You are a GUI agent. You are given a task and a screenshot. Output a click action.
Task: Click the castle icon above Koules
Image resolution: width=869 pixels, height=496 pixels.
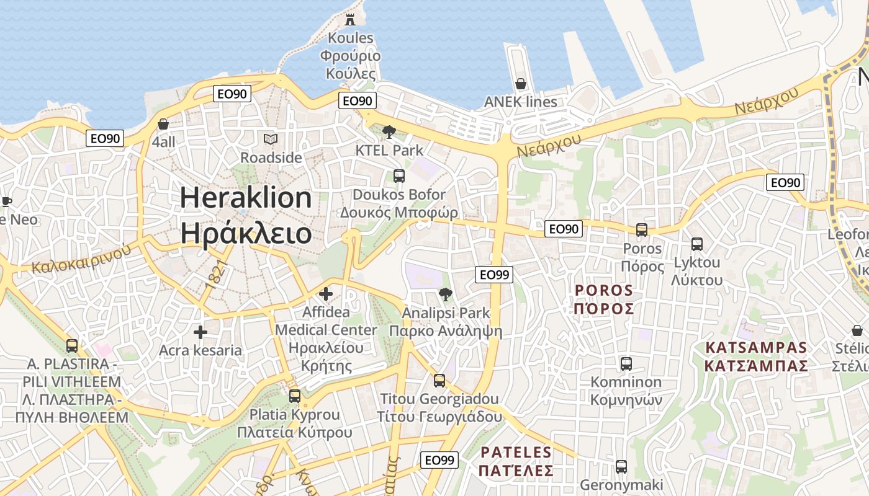(350, 19)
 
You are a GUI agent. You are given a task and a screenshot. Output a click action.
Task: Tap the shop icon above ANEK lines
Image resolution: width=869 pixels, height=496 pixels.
(521, 84)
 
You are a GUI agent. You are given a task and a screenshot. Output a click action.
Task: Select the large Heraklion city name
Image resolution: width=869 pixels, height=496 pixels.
(246, 215)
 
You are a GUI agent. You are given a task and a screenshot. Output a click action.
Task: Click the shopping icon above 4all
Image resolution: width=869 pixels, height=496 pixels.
(163, 124)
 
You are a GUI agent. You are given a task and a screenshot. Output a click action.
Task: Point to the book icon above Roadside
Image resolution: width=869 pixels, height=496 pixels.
(271, 139)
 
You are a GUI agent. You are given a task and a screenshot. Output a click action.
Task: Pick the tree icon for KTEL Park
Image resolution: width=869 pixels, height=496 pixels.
(389, 131)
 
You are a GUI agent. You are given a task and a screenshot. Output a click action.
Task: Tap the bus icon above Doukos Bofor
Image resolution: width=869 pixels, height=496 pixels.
(399, 176)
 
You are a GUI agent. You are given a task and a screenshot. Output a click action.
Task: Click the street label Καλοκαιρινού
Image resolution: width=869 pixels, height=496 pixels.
(81, 259)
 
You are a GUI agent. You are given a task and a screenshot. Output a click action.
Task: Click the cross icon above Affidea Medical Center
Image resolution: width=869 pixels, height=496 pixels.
(326, 294)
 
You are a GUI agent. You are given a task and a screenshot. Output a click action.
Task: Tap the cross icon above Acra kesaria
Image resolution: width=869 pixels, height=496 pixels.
(200, 332)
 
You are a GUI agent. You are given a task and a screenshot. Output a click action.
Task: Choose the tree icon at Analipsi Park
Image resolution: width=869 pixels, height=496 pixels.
(445, 294)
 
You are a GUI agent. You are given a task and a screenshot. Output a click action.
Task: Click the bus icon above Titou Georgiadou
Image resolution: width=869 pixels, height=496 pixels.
(439, 380)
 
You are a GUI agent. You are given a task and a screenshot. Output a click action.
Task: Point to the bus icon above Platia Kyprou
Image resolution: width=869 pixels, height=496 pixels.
(295, 396)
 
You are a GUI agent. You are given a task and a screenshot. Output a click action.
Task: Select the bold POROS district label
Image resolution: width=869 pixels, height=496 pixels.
(604, 299)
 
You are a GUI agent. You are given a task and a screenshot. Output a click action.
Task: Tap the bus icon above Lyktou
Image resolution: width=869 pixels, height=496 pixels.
(697, 244)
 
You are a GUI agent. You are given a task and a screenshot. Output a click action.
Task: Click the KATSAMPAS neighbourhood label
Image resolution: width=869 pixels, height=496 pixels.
(756, 356)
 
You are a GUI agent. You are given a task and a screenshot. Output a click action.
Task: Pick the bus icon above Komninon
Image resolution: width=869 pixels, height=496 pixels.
(626, 363)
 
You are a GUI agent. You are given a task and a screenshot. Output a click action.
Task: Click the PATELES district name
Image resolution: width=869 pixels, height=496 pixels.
(516, 461)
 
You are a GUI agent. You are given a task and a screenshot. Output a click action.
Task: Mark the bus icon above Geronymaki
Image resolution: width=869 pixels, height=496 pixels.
(621, 467)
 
